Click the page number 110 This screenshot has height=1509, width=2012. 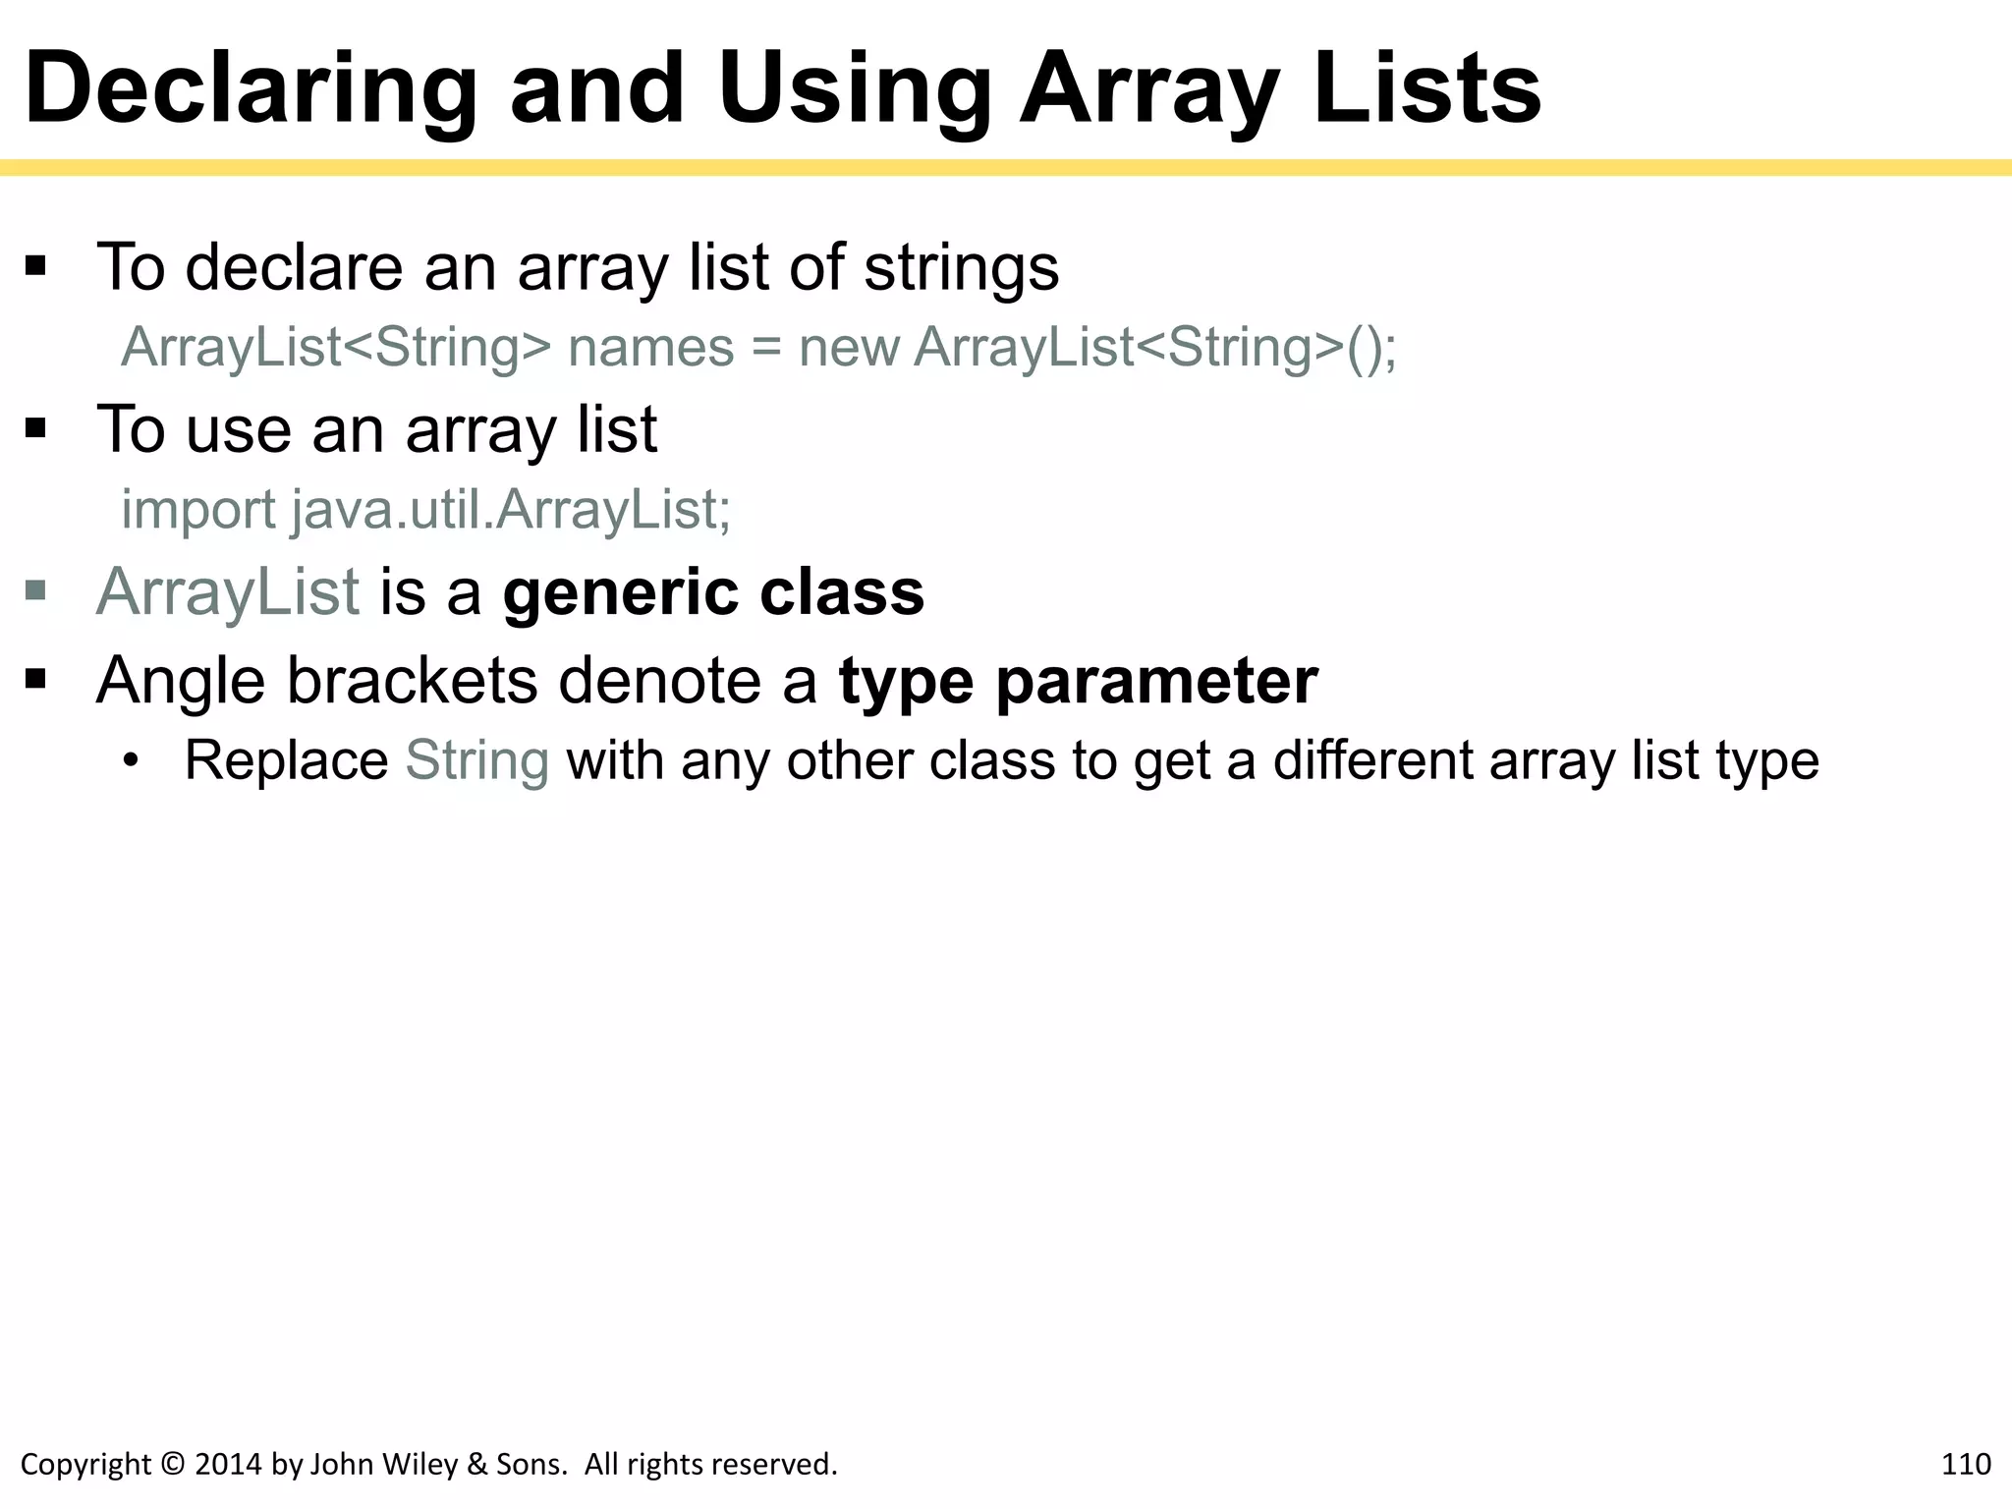tap(1965, 1464)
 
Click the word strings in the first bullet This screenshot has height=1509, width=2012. tap(961, 267)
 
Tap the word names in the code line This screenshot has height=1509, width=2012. tap(651, 348)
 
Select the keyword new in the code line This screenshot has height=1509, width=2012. tap(849, 348)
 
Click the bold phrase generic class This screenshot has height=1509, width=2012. tap(713, 592)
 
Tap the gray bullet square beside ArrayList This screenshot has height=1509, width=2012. tap(36, 590)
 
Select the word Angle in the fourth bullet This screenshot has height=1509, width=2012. tap(181, 681)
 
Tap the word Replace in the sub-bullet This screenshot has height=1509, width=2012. tap(286, 760)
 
